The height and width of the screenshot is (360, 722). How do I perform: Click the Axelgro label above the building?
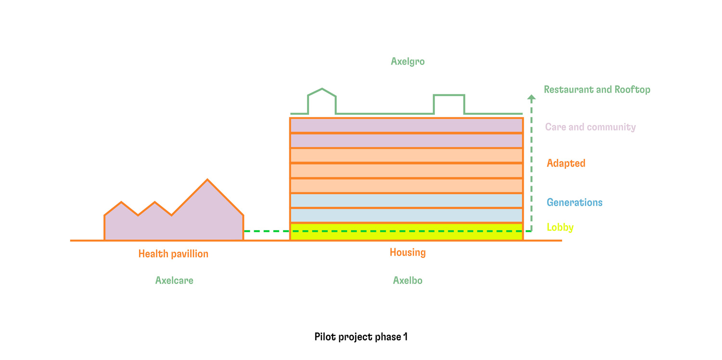pyautogui.click(x=408, y=62)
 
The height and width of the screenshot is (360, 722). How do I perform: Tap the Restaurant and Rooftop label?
pyautogui.click(x=597, y=89)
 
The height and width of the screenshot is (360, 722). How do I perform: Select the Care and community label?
pyautogui.click(x=591, y=127)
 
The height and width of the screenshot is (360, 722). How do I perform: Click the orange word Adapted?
pyautogui.click(x=566, y=164)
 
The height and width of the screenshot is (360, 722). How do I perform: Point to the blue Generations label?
pyautogui.click(x=575, y=203)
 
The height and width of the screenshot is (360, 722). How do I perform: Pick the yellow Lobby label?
pyautogui.click(x=560, y=228)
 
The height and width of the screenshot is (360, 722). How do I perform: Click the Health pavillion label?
pyautogui.click(x=173, y=254)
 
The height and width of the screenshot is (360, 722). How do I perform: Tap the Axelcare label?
pyautogui.click(x=174, y=281)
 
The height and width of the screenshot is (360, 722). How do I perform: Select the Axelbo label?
pyautogui.click(x=408, y=281)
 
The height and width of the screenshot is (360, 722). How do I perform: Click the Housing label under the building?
pyautogui.click(x=408, y=252)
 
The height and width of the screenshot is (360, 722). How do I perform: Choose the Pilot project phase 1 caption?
pyautogui.click(x=361, y=337)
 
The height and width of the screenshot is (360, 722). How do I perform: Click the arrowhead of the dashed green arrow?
pyautogui.click(x=531, y=97)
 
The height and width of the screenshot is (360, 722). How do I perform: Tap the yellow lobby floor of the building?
pyautogui.click(x=406, y=231)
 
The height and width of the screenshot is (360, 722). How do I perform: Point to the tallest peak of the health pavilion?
pyautogui.click(x=207, y=180)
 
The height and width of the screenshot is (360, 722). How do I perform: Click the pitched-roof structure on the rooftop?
pyautogui.click(x=322, y=101)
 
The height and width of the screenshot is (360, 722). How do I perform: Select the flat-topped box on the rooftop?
pyautogui.click(x=449, y=104)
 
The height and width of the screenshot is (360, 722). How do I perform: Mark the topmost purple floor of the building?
pyautogui.click(x=406, y=125)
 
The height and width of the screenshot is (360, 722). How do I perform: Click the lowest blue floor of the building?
pyautogui.click(x=406, y=215)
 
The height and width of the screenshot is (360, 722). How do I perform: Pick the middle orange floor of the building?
pyautogui.click(x=406, y=171)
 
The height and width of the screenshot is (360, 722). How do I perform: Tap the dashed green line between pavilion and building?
pyautogui.click(x=267, y=231)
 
